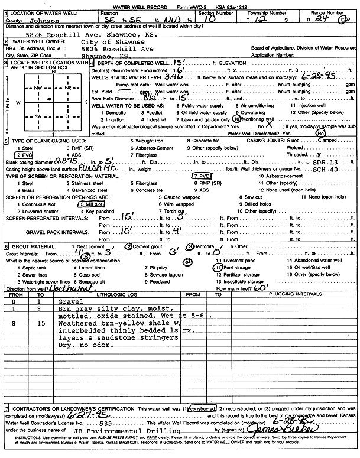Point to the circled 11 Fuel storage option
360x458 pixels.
point(233,267)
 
